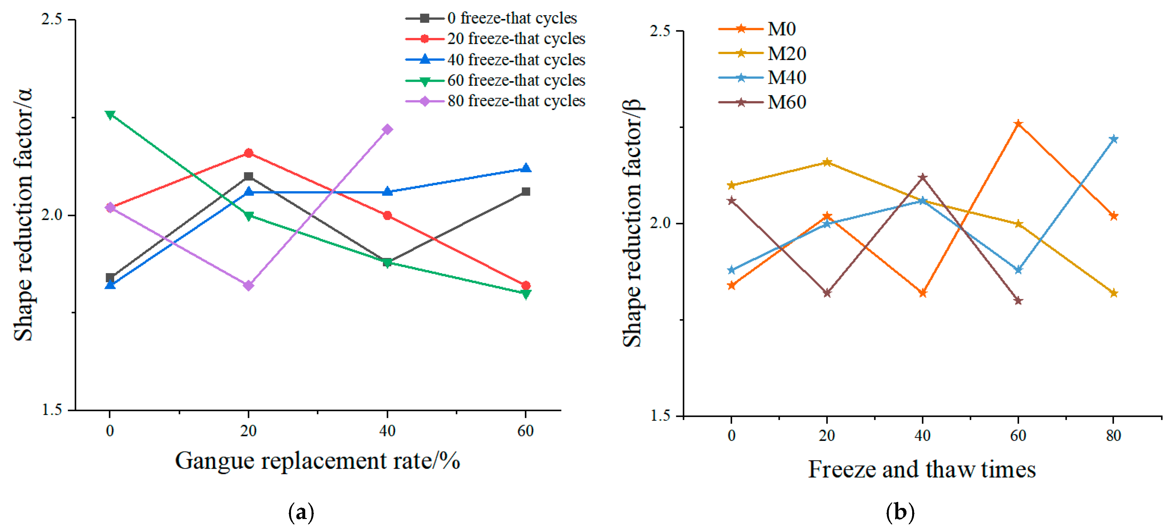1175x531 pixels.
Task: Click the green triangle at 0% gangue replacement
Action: click(x=110, y=114)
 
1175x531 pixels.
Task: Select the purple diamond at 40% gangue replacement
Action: click(x=387, y=130)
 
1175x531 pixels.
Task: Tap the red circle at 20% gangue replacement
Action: click(x=249, y=153)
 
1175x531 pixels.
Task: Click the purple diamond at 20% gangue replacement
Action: click(x=249, y=285)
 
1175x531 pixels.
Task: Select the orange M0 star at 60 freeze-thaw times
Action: click(x=1018, y=124)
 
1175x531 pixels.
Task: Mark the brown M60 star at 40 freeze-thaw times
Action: click(x=923, y=177)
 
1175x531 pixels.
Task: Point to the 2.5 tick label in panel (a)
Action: click(x=52, y=20)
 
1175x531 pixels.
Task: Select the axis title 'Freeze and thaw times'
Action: click(x=922, y=469)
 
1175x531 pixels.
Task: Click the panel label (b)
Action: click(x=900, y=512)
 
